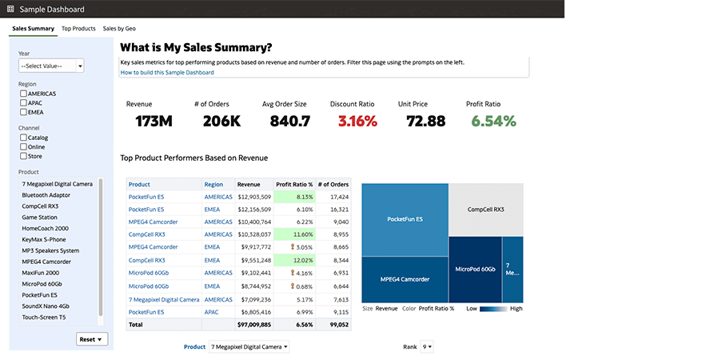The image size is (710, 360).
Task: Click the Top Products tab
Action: [x=78, y=29]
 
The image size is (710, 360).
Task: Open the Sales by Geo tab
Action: [x=119, y=29]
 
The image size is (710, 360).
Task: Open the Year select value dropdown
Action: [x=51, y=66]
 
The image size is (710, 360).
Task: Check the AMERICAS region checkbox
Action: [x=23, y=94]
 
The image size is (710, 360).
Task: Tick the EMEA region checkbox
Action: [x=23, y=112]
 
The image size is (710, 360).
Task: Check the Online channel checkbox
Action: [x=23, y=147]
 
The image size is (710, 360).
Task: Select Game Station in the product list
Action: [x=39, y=217]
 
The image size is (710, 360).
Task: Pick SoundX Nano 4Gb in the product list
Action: [x=46, y=306]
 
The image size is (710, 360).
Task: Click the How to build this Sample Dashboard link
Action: [x=167, y=73]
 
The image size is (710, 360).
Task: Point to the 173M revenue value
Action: [x=154, y=122]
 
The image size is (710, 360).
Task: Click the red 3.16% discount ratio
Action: [x=357, y=122]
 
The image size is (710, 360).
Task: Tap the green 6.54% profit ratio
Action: [x=493, y=122]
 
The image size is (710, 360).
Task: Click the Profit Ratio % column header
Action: [x=294, y=184]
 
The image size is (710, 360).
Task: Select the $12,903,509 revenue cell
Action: [x=254, y=196]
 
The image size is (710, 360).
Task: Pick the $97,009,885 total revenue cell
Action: [x=254, y=324]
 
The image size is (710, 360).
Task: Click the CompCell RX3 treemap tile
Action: [x=485, y=210]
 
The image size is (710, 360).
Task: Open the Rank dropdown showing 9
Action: [x=428, y=347]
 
